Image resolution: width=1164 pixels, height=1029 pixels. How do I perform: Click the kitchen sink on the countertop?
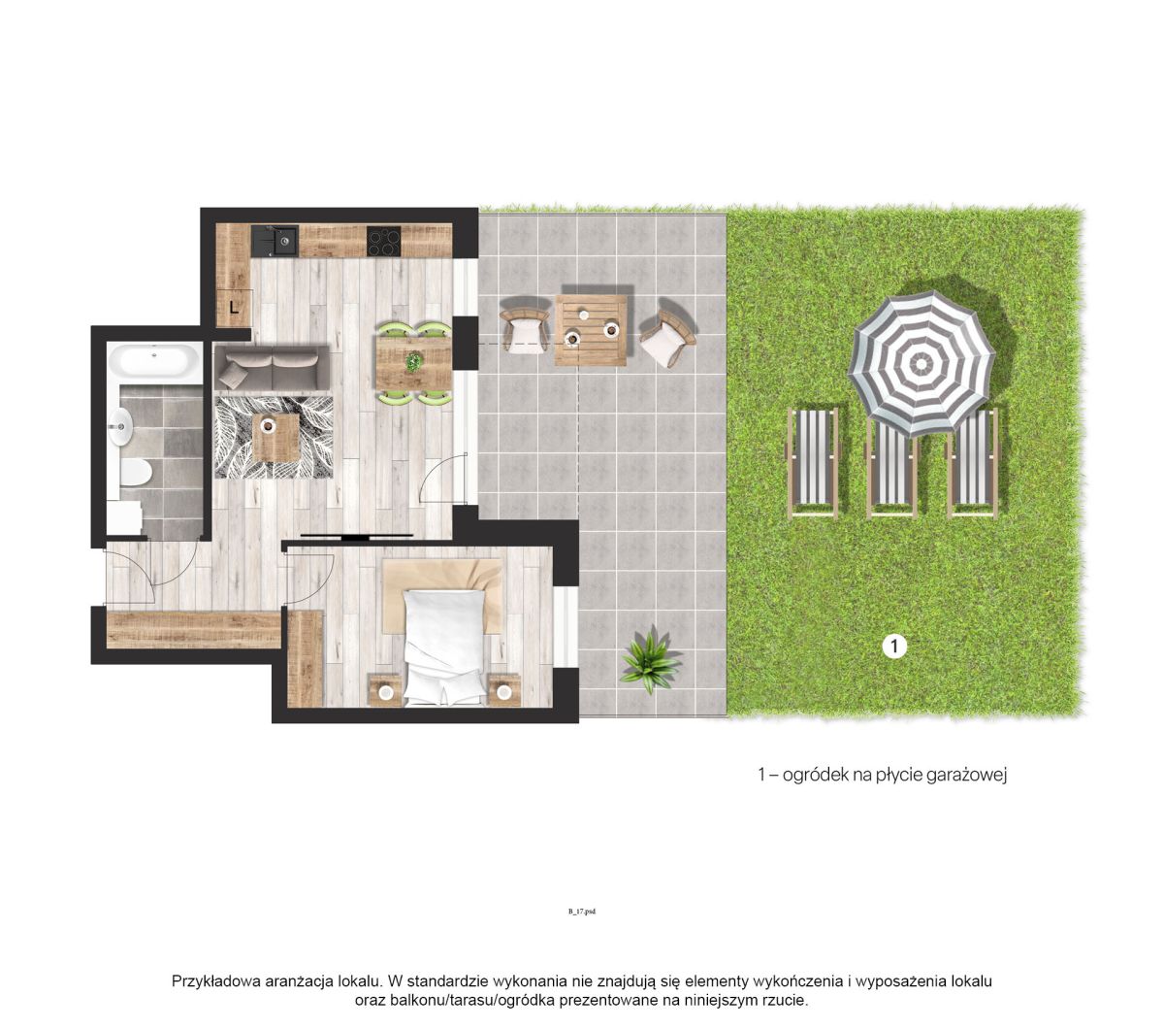pyautogui.click(x=275, y=241)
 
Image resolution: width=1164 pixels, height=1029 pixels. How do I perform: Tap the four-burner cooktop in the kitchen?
pyautogui.click(x=384, y=241)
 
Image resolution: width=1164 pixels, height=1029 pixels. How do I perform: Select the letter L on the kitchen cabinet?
pyautogui.click(x=233, y=308)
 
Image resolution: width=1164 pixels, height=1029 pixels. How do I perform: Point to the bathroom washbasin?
pyautogui.click(x=119, y=427)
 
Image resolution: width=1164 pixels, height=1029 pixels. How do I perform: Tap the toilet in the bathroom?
pyautogui.click(x=136, y=472)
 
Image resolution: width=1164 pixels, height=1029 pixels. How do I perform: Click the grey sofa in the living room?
pyautogui.click(x=272, y=368)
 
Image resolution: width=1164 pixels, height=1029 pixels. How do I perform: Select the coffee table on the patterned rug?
pyautogui.click(x=275, y=437)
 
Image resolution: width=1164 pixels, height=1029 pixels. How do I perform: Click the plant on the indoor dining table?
pyautogui.click(x=412, y=362)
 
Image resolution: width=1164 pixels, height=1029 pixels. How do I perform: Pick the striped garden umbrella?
pyautogui.click(x=921, y=363)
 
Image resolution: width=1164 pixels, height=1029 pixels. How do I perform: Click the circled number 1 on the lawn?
pyautogui.click(x=893, y=646)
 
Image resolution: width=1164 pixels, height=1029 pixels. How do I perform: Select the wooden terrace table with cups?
pyautogui.click(x=591, y=330)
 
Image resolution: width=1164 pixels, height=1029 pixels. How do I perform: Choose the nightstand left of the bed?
pyautogui.click(x=385, y=690)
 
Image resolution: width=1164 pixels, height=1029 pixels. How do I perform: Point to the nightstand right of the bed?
pyautogui.click(x=503, y=690)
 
